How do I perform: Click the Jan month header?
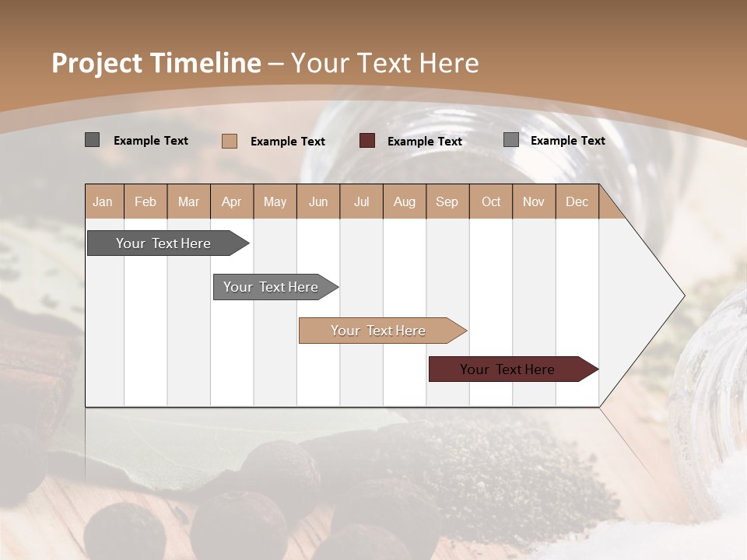(x=103, y=201)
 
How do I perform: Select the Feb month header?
(x=146, y=201)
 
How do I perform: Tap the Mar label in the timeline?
(x=188, y=201)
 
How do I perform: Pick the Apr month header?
(x=231, y=201)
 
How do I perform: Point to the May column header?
(x=275, y=201)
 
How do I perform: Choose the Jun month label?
(x=318, y=201)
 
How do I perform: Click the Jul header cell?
(x=361, y=201)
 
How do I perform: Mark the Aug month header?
(x=404, y=201)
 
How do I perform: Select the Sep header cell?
(x=447, y=201)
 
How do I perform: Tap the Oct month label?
(x=491, y=201)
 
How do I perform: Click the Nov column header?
(x=534, y=201)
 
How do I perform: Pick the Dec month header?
(x=577, y=201)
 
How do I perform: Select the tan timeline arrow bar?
(x=379, y=331)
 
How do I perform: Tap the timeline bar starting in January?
(x=164, y=243)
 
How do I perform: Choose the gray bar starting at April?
(x=272, y=287)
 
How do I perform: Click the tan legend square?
(x=230, y=141)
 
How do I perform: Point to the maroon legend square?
(x=367, y=141)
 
